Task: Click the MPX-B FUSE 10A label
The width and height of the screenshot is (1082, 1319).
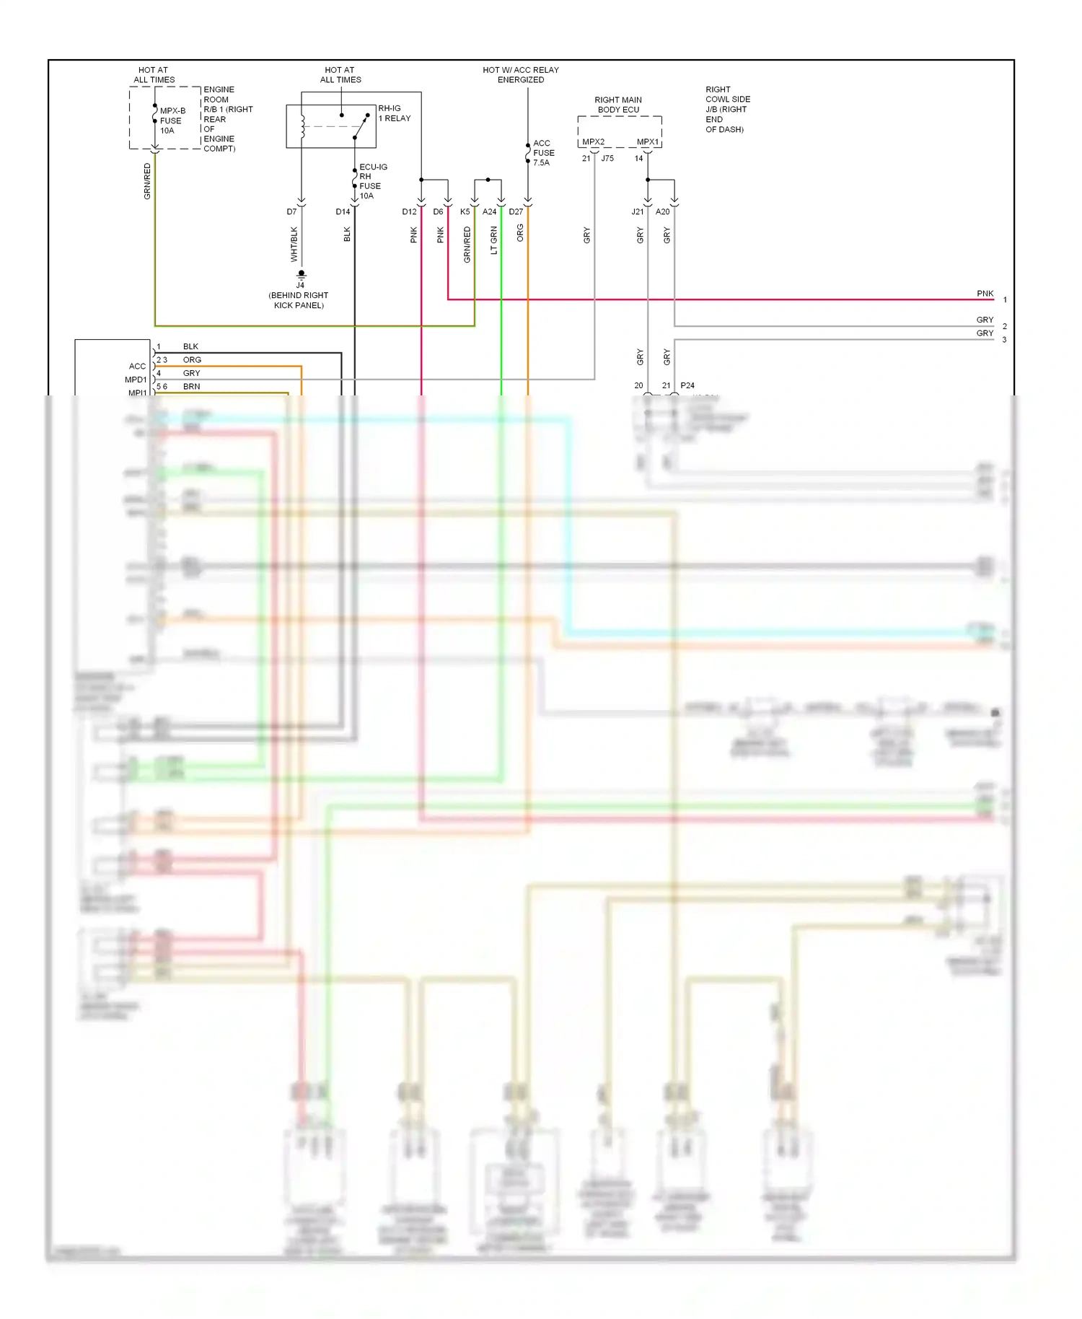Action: point(172,120)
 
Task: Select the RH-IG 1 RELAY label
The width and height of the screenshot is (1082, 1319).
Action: point(394,113)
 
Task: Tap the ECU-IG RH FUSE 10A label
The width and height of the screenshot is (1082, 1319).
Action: point(372,181)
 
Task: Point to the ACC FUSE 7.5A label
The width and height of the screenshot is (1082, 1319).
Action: point(543,153)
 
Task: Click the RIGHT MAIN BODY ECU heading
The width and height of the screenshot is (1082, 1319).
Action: point(618,105)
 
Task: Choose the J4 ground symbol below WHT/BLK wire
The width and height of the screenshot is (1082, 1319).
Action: point(302,274)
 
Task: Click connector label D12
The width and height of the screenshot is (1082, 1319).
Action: point(409,211)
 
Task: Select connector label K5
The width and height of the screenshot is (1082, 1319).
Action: point(465,211)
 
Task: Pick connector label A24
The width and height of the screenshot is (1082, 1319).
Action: point(489,211)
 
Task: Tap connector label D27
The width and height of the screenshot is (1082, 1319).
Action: point(516,211)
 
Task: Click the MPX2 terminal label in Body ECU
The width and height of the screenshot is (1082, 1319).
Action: point(593,142)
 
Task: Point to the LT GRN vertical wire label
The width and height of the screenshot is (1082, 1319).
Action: point(494,240)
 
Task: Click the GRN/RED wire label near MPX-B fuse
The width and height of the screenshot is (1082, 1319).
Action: point(147,181)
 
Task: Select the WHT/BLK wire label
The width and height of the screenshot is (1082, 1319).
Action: point(294,244)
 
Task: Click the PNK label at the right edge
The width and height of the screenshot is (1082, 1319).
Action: point(985,294)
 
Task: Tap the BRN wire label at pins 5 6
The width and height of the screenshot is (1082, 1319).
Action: point(191,387)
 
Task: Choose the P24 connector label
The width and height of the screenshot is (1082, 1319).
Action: point(687,385)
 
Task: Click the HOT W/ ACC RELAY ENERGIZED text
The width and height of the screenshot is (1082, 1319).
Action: point(520,75)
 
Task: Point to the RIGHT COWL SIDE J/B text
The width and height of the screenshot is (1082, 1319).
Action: point(727,109)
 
